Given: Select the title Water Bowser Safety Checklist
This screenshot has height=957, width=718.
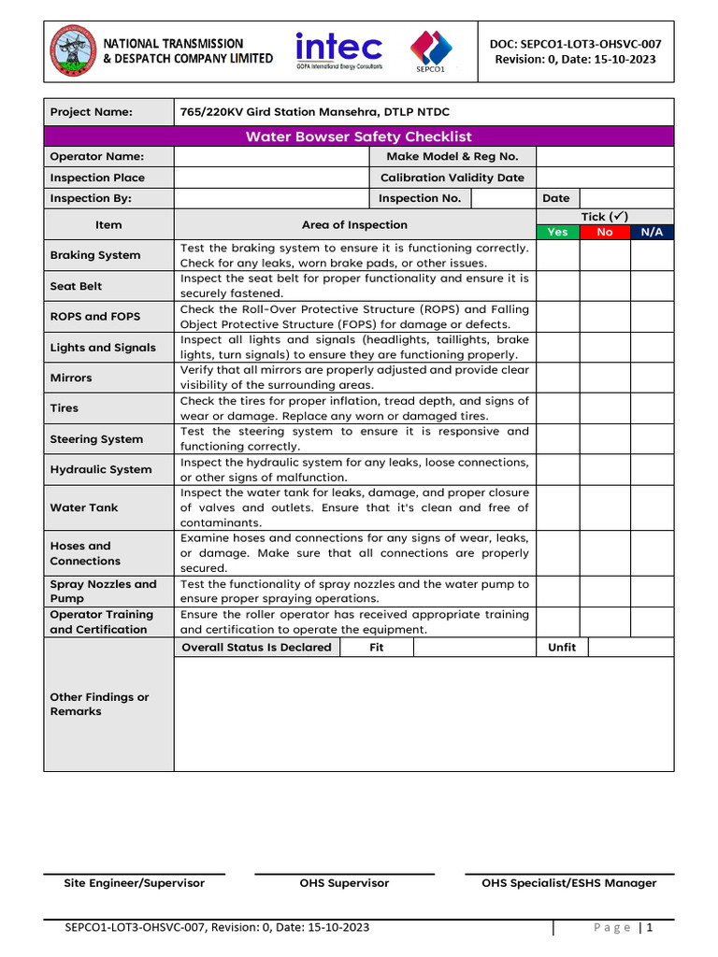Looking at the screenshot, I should (x=358, y=136).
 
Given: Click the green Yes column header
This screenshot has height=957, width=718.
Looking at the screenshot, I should (x=556, y=232).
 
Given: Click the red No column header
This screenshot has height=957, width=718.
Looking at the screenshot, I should (x=605, y=232).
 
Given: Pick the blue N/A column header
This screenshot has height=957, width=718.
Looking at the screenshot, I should (x=652, y=232).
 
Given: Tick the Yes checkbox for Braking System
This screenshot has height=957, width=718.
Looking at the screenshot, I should (x=556, y=255).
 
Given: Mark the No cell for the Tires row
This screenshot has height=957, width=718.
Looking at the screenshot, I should (x=605, y=408).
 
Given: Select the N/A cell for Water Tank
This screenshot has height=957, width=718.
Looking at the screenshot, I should (x=652, y=507).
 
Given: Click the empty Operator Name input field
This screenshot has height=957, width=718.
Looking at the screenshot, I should (x=272, y=157).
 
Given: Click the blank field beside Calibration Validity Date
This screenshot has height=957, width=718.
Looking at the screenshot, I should (x=605, y=178).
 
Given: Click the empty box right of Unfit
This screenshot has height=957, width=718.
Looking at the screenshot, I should (x=630, y=648).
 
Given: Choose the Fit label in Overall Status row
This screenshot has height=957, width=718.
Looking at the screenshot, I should (x=376, y=648).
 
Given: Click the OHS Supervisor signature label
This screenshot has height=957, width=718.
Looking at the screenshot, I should (x=344, y=883).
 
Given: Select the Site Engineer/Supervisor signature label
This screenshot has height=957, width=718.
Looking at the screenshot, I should (x=135, y=883).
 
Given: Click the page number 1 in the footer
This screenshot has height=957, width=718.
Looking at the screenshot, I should (x=648, y=928).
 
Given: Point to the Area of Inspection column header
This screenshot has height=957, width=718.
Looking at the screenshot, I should (x=354, y=224).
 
